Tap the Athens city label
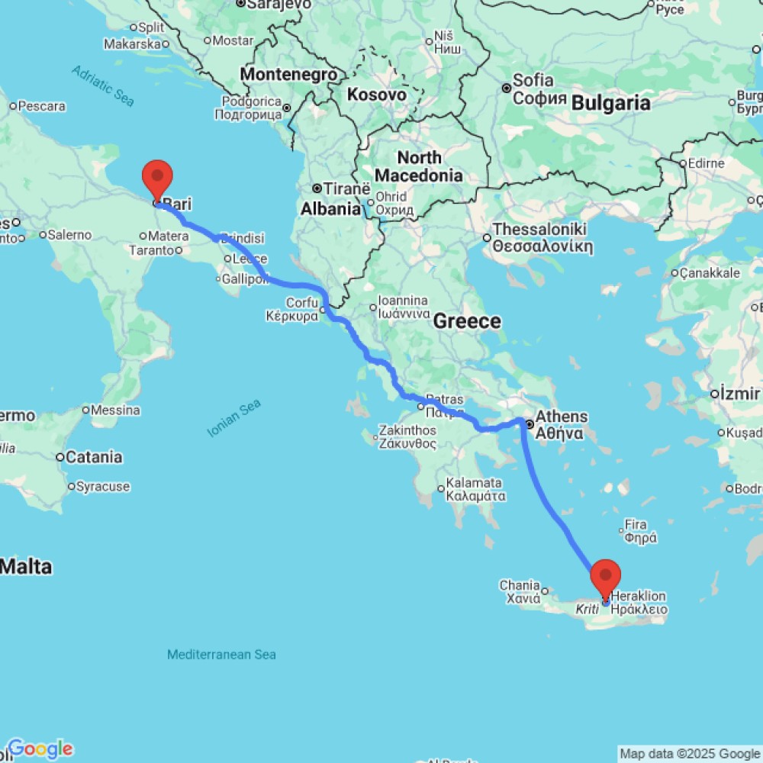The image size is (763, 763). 562,417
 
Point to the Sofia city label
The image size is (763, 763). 533,80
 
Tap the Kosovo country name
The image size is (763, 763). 376,95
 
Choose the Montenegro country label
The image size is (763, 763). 289,75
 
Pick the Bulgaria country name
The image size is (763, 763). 611,103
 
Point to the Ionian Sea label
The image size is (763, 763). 234,419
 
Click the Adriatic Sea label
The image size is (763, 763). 102,84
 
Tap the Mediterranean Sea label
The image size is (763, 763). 221,655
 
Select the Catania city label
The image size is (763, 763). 94,457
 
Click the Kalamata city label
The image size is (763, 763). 474,483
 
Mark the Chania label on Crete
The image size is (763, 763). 520,585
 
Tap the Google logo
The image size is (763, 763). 40,749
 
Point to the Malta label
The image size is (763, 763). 26,567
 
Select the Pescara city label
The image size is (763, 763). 41,106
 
